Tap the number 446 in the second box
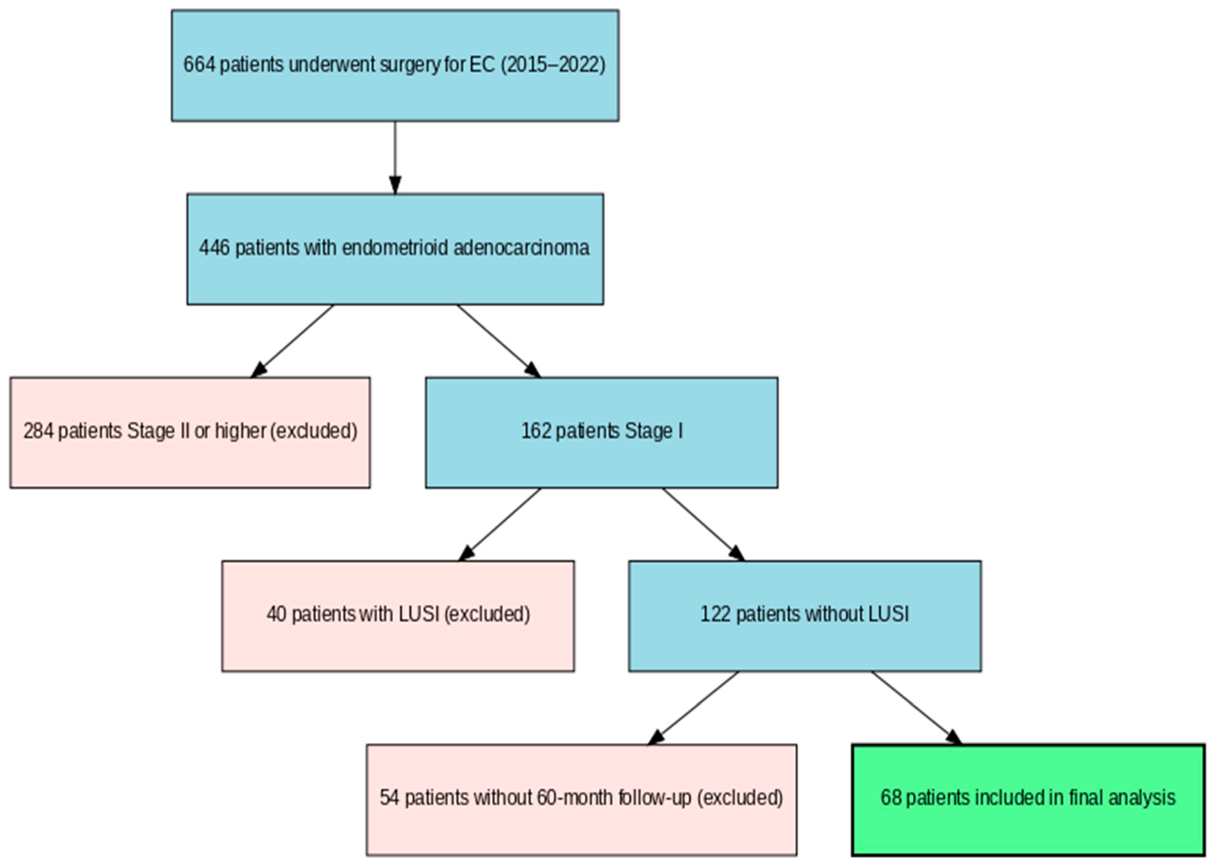(214, 248)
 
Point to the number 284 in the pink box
(38, 431)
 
